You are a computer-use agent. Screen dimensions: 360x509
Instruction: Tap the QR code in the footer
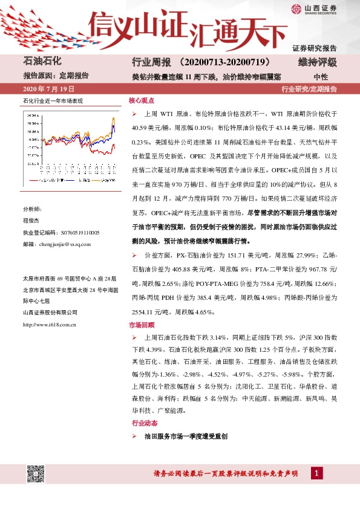[x=35, y=473]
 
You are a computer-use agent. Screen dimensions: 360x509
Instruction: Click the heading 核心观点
[x=141, y=102]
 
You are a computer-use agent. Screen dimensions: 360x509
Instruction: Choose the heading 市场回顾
[x=141, y=325]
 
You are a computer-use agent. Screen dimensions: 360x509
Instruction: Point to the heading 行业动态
[x=141, y=423]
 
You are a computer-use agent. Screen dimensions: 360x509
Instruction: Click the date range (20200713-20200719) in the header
[x=229, y=63]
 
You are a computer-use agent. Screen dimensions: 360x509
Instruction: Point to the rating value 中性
[x=321, y=77]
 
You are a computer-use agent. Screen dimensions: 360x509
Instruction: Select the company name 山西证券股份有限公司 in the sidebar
[x=50, y=312]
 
